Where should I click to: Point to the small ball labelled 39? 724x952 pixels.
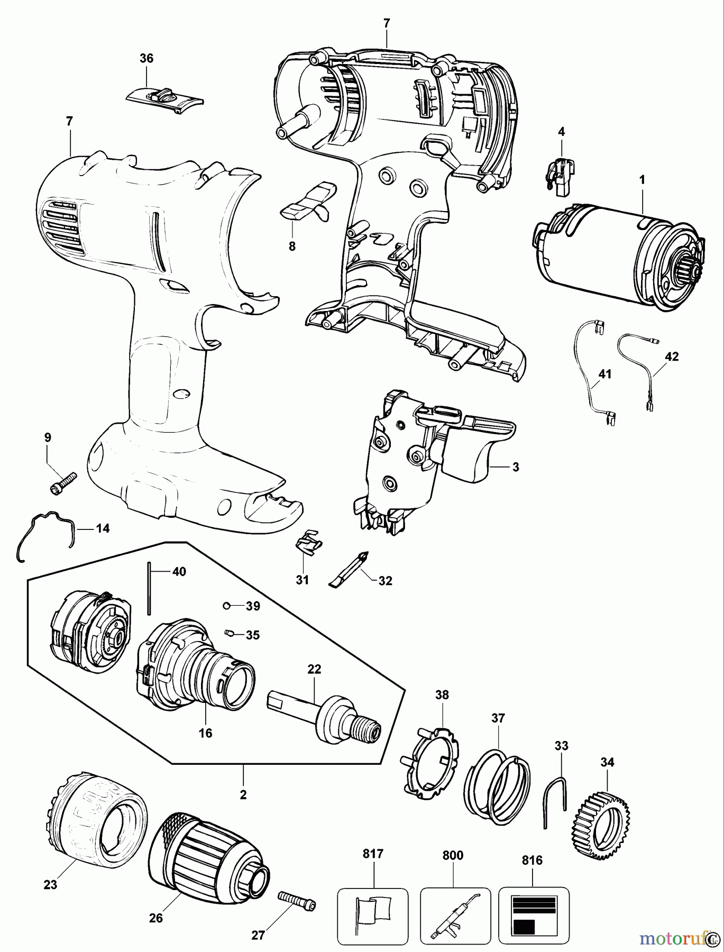[x=226, y=605]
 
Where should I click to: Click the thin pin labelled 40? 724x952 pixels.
[x=150, y=588]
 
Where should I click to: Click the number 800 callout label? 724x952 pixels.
[x=453, y=855]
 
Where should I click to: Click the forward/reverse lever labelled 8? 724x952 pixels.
[x=309, y=204]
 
